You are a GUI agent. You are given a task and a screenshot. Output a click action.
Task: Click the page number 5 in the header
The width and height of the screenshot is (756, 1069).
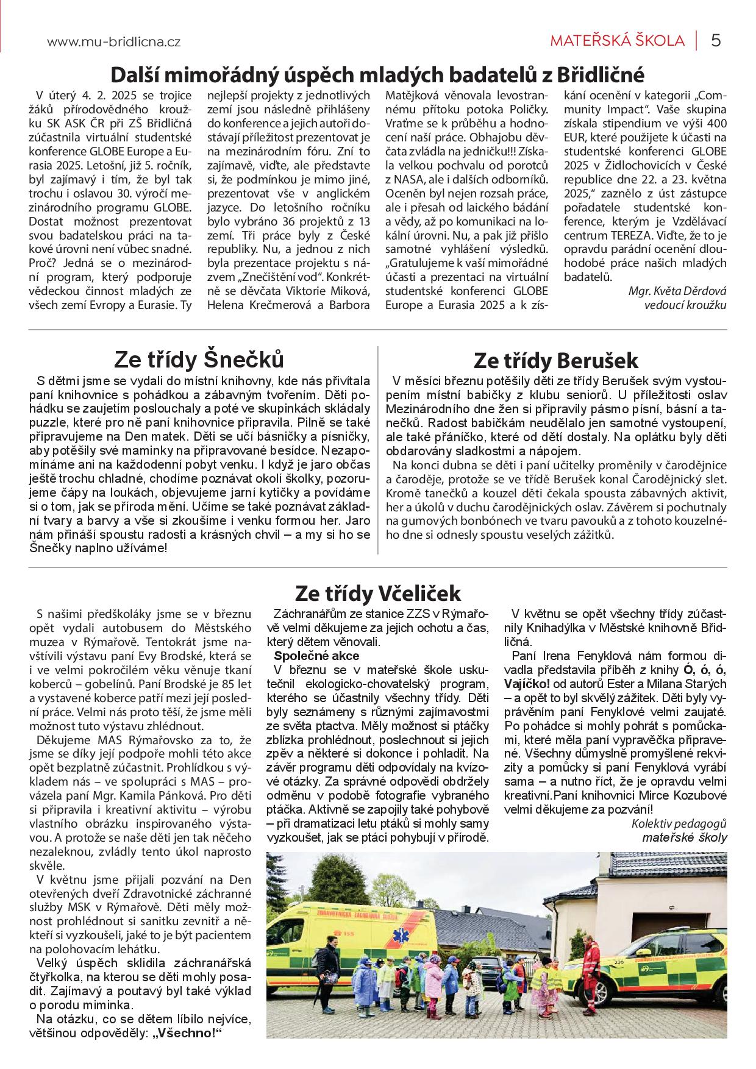716,41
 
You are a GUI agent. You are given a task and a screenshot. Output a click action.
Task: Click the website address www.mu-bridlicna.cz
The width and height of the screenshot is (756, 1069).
113,42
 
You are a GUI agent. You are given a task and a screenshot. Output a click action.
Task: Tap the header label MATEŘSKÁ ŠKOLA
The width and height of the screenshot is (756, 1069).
617,41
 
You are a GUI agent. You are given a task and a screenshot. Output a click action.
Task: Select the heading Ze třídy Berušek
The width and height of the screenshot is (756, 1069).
555,360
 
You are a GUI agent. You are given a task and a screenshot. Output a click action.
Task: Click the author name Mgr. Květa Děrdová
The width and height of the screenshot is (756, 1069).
677,291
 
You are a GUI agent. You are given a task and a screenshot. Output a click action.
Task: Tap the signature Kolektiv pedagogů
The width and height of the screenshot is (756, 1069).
679,823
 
